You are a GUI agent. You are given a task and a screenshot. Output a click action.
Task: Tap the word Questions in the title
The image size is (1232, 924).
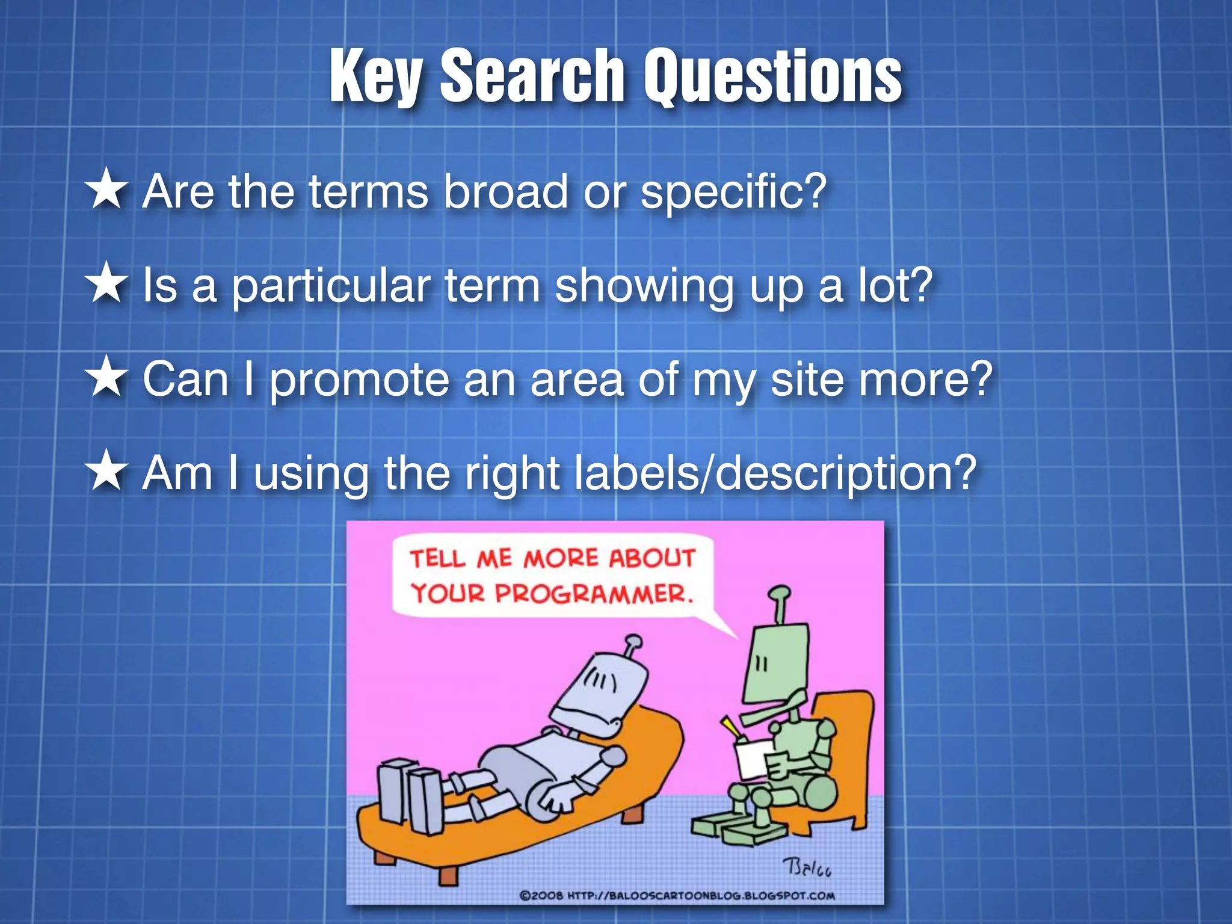tap(773, 77)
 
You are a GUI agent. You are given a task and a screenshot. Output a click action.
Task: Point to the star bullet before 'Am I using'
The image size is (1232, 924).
tap(107, 470)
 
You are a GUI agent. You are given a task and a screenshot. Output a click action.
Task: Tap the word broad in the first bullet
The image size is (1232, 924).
tap(505, 191)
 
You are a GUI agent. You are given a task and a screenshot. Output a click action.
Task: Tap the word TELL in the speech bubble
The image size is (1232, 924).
tap(437, 558)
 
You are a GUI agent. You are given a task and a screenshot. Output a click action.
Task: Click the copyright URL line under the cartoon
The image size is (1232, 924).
tap(677, 896)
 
